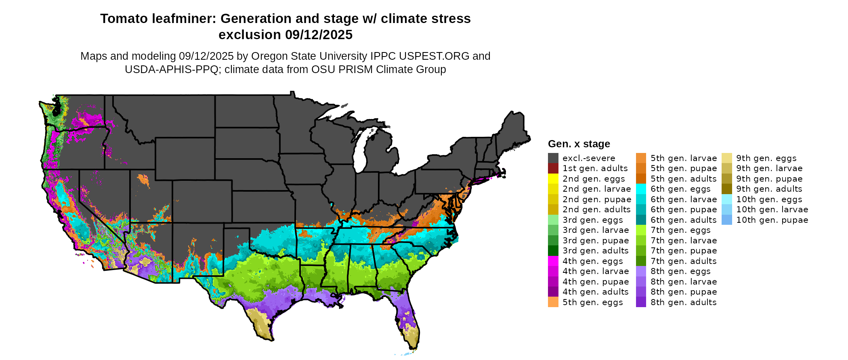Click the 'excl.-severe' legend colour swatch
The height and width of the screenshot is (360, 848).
553,158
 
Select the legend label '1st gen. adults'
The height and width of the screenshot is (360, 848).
595,168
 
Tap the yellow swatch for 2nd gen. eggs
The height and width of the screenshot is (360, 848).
553,178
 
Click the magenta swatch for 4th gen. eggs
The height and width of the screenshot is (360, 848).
553,261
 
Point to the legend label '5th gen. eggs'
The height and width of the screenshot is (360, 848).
592,302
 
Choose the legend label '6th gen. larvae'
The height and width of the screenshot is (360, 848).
683,199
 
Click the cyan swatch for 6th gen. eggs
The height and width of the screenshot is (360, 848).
641,189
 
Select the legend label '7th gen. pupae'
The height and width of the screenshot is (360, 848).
683,251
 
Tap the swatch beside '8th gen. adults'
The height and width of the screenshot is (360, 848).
641,302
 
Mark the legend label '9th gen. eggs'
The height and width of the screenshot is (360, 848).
766,158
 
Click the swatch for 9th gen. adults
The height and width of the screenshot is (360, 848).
727,189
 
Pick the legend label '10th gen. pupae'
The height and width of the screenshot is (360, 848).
772,220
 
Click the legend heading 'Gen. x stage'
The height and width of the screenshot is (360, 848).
579,144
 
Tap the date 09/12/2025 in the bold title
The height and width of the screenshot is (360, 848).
319,35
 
